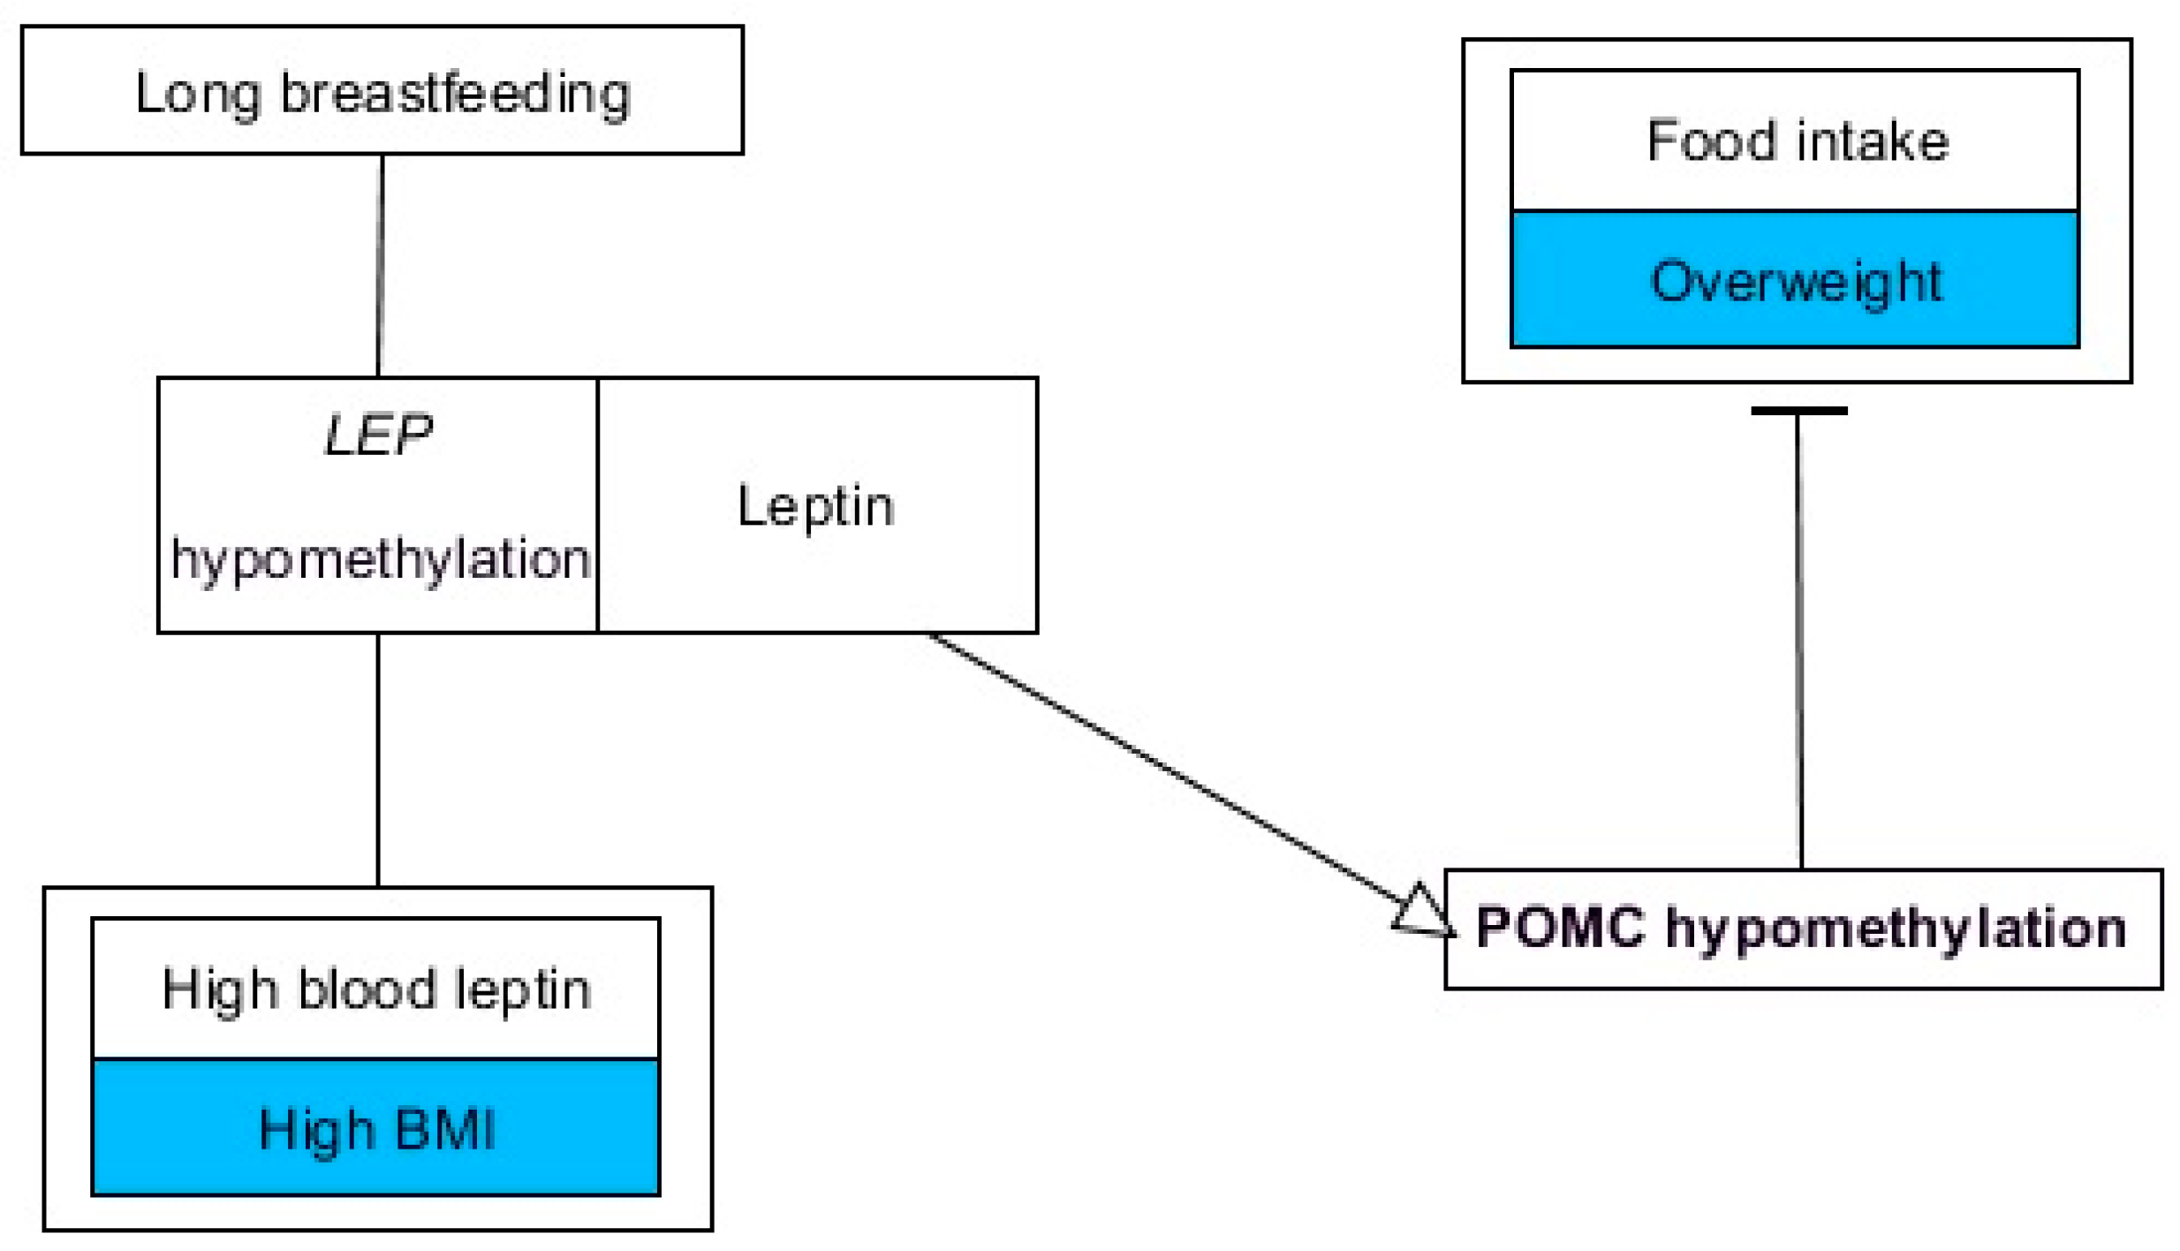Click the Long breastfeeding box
pyautogui.click(x=382, y=90)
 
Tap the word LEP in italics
pyautogui.click(x=378, y=435)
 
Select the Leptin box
pyautogui.click(x=816, y=505)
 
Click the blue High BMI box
pyautogui.click(x=375, y=1128)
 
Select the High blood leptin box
pyautogui.click(x=375, y=989)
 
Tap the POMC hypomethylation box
pyautogui.click(x=1802, y=929)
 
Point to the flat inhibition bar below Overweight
pyautogui.click(x=1798, y=411)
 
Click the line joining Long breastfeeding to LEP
pyautogui.click(x=380, y=265)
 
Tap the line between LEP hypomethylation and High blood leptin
pyautogui.click(x=378, y=760)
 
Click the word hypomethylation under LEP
pyautogui.click(x=380, y=560)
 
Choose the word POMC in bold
pyautogui.click(x=1560, y=929)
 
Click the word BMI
pyautogui.click(x=445, y=1129)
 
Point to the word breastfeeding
pyautogui.click(x=455, y=94)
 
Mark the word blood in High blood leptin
pyautogui.click(x=367, y=989)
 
